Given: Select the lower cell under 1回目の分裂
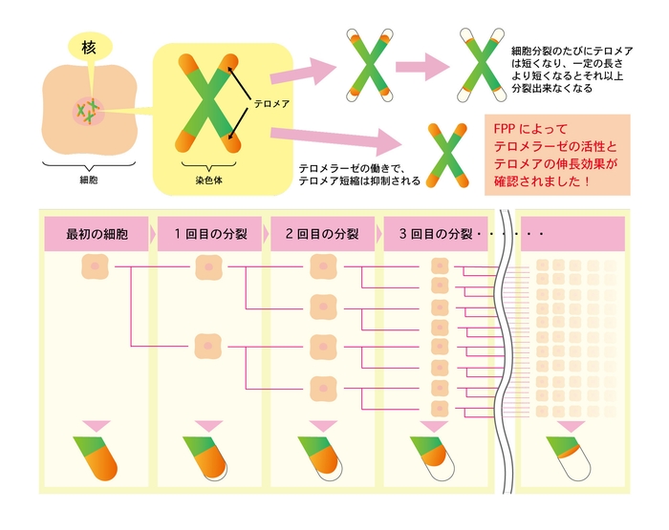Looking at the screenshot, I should pos(209,346).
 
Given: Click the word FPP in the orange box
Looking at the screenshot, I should pos(506,127).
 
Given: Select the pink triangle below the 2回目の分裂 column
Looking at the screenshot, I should pos(321,424).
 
